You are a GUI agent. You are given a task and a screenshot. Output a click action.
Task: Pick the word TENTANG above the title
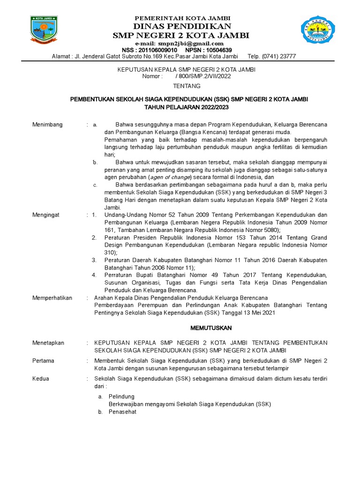point(187,86)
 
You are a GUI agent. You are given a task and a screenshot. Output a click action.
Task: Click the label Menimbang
point(47,125)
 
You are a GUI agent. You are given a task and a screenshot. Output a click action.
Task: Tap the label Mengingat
point(46,215)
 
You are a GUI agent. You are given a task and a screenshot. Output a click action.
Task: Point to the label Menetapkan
point(48,343)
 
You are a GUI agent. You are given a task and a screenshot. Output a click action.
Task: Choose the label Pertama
point(43,361)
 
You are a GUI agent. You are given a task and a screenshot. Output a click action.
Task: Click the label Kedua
point(40,378)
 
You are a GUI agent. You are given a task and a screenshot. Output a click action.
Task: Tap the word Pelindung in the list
point(121,397)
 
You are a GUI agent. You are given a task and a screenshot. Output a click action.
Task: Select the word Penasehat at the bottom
point(122,412)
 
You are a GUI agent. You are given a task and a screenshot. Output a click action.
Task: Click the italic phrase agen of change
point(170,178)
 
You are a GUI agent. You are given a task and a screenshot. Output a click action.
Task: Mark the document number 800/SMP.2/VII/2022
point(200,76)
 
